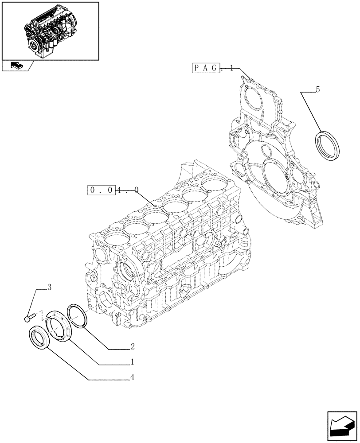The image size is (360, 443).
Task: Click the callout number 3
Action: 49,288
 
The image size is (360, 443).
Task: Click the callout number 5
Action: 317,90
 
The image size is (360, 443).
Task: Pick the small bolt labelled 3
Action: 29,317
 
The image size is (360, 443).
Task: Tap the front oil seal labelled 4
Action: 39,338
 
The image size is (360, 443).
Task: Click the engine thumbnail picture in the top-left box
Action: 50,31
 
